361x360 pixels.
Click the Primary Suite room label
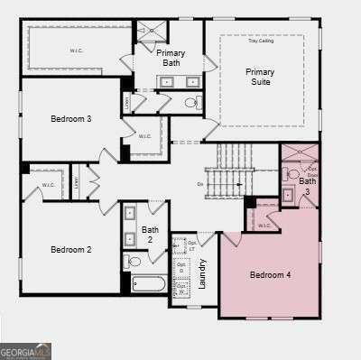(259, 76)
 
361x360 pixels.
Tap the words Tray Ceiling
(260, 41)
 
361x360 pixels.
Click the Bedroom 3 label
(70, 118)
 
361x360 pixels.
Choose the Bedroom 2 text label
(70, 249)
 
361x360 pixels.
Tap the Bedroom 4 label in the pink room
(270, 274)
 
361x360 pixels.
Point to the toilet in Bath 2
(134, 262)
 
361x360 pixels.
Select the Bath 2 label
(150, 235)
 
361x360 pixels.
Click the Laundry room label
(203, 272)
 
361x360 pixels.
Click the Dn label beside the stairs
(200, 184)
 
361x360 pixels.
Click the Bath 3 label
(308, 186)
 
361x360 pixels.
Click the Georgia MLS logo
(26, 349)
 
